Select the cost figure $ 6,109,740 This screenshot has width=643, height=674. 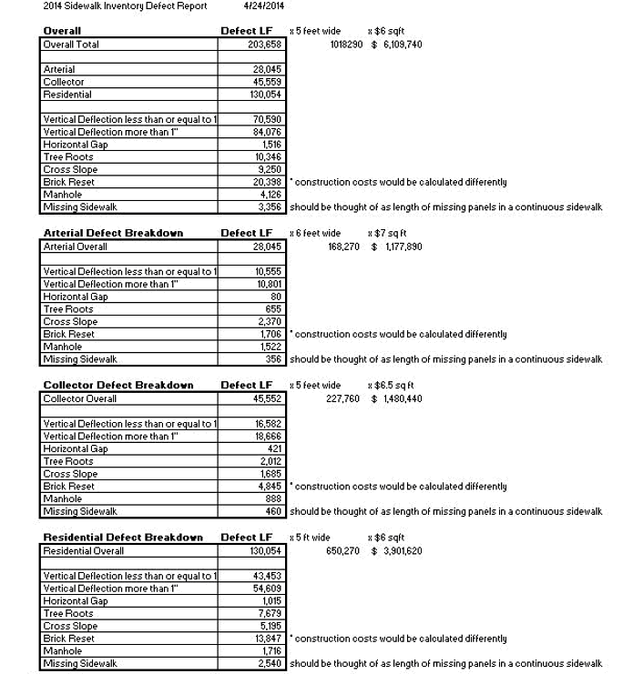click(396, 45)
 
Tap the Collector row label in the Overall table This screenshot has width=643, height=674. click(64, 82)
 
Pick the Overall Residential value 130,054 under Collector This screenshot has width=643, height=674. click(264, 95)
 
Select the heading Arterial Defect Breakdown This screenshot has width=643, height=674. click(113, 233)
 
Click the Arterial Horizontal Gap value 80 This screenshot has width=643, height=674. click(275, 297)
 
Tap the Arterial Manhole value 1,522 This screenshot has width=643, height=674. click(270, 347)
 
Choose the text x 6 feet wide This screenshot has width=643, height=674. click(314, 233)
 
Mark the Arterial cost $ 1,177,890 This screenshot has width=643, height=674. click(396, 246)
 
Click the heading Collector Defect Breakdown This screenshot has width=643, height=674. click(117, 385)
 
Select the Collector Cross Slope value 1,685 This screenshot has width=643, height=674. click(270, 474)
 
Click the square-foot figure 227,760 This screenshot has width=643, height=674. click(343, 398)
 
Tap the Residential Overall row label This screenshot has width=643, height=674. click(84, 550)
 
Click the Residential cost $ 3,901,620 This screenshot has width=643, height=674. click(396, 550)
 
